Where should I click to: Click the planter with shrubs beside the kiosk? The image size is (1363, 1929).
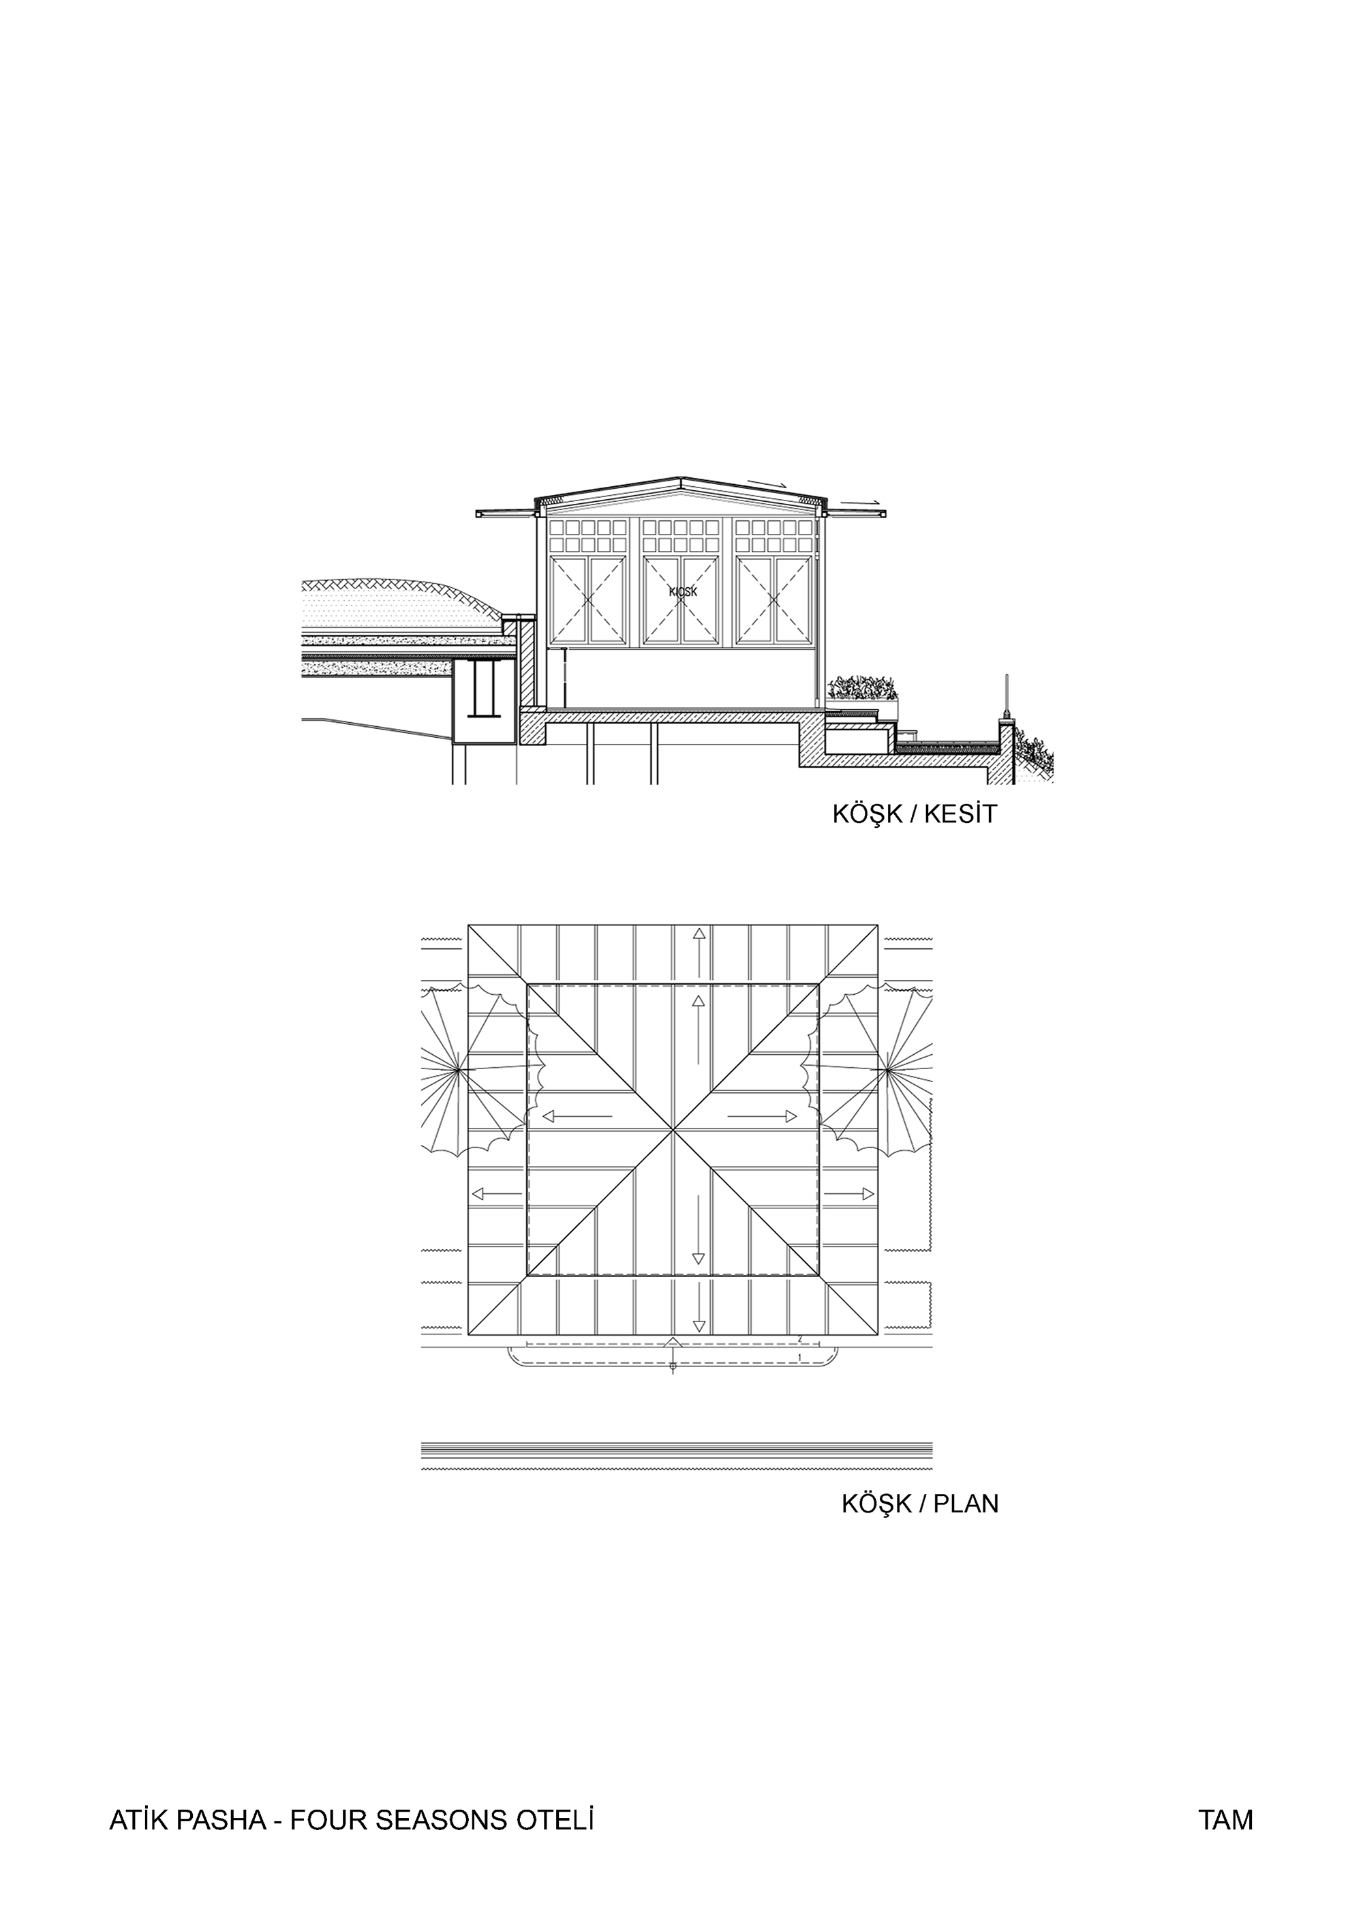(863, 691)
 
